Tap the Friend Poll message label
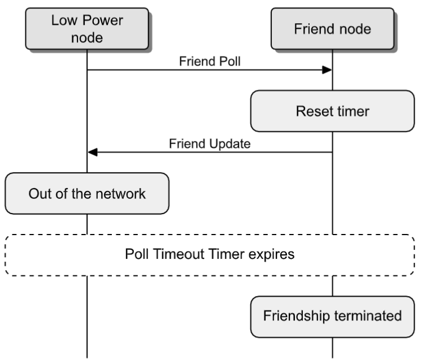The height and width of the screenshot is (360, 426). (210, 62)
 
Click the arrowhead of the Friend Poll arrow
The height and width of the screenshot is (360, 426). (327, 70)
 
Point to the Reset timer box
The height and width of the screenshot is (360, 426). (332, 111)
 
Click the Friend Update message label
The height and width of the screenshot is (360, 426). (210, 144)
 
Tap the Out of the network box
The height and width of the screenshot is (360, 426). (87, 193)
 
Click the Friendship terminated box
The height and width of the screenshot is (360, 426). (332, 315)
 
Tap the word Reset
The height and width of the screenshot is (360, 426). (311, 111)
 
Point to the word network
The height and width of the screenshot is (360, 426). (124, 193)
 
